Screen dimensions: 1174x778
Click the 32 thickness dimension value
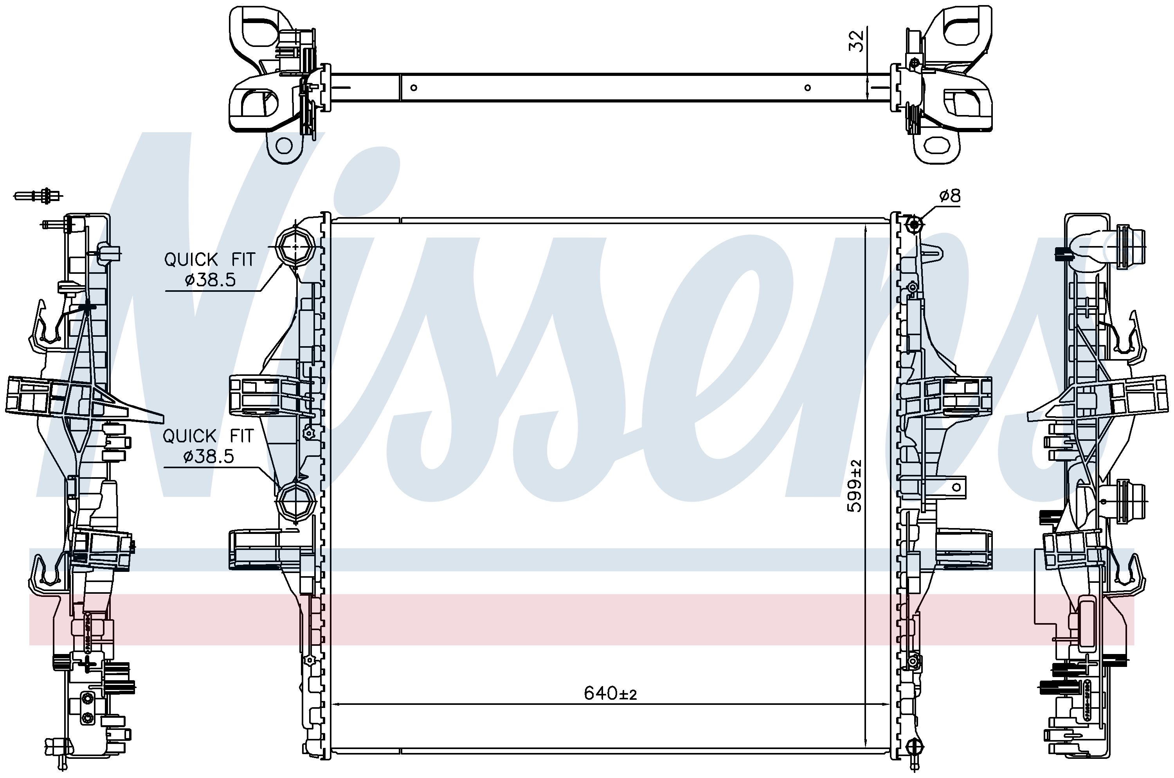tap(856, 41)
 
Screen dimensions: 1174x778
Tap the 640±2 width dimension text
tap(610, 694)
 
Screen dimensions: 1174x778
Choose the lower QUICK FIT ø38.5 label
tap(208, 446)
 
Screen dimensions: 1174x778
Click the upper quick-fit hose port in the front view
tap(295, 246)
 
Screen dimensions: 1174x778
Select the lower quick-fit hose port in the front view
tap(296, 504)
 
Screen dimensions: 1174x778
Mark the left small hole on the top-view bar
tap(414, 88)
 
